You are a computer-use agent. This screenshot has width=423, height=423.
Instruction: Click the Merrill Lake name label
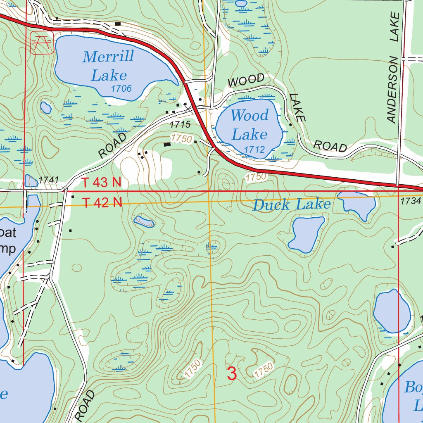point(108,65)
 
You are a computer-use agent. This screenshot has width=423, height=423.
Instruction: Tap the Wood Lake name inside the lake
point(250,125)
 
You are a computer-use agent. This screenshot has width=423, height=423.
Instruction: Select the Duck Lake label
point(292,204)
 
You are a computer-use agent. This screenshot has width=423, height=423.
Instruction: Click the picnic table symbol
point(41,43)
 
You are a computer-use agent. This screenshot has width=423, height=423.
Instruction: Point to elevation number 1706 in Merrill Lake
point(121,88)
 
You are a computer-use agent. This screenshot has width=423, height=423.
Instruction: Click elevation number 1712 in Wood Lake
point(254,149)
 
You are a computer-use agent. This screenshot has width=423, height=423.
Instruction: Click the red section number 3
point(232,374)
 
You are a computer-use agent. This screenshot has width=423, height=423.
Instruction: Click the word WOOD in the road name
point(246,79)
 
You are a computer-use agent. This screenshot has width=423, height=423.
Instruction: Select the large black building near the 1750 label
point(167,145)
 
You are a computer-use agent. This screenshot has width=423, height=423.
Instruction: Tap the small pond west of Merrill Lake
point(45,107)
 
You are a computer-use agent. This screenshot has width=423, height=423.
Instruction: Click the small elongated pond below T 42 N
point(144,221)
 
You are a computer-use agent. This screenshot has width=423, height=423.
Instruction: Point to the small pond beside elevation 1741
point(31,181)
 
